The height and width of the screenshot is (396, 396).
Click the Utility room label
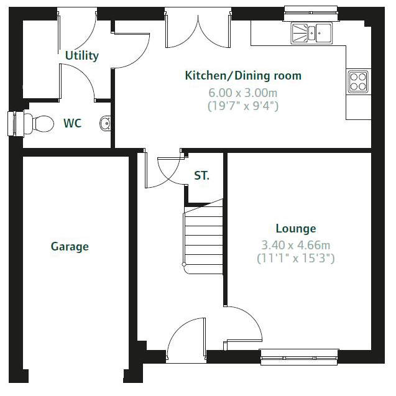82,55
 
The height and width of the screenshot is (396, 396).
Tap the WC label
73,123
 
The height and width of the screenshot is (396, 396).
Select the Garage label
70,247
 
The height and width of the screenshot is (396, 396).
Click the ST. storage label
201,175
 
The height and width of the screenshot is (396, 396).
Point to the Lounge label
296,229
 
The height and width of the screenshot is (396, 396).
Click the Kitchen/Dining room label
243,76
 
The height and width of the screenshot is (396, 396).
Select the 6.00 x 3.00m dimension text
242,93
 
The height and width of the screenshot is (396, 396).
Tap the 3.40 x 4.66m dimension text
295,245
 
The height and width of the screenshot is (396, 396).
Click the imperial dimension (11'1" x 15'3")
295,258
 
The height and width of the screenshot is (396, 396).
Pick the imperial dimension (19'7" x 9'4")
243,106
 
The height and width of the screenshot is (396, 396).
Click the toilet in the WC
39,124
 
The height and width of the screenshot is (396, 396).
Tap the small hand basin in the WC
105,124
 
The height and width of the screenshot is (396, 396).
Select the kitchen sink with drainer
311,33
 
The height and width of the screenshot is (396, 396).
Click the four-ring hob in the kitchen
358,82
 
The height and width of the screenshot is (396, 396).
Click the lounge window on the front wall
299,357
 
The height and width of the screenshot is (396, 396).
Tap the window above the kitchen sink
311,13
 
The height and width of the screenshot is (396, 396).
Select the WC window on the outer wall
16,124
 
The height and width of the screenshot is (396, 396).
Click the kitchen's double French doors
198,31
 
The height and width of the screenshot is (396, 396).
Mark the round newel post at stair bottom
184,265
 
